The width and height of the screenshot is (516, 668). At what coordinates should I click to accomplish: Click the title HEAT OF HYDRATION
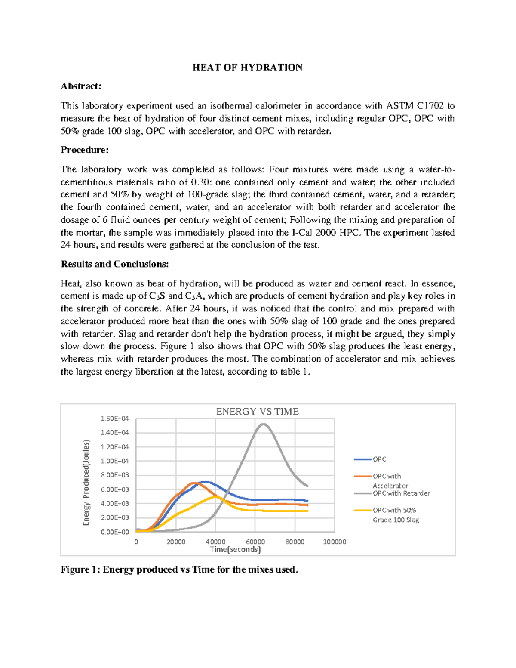pyautogui.click(x=247, y=67)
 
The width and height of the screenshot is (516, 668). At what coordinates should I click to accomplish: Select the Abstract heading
pyautogui.click(x=81, y=86)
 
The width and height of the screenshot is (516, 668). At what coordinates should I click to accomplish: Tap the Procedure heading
pyautogui.click(x=85, y=150)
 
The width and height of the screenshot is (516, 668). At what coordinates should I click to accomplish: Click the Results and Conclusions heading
pyautogui.click(x=115, y=264)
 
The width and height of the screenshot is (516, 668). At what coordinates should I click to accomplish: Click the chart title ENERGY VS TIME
pyautogui.click(x=257, y=412)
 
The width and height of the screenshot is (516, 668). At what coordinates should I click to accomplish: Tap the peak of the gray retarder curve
pyautogui.click(x=263, y=424)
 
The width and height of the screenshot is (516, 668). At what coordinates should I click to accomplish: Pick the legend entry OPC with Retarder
pyautogui.click(x=401, y=493)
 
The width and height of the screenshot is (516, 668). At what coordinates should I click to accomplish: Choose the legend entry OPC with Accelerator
pyautogui.click(x=390, y=480)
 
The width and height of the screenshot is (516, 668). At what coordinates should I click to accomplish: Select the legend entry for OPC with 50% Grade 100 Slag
pyautogui.click(x=395, y=514)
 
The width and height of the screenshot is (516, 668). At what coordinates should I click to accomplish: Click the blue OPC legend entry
pyautogui.click(x=379, y=459)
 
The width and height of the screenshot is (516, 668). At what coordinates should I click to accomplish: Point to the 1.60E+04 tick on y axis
pyautogui.click(x=114, y=419)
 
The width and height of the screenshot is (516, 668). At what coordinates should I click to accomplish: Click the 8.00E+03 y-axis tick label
pyautogui.click(x=114, y=475)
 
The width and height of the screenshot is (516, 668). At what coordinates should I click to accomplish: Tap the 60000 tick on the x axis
pyautogui.click(x=255, y=542)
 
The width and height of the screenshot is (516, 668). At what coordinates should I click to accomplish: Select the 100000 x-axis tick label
pyautogui.click(x=334, y=542)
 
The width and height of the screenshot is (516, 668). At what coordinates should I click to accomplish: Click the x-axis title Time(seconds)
pyautogui.click(x=235, y=549)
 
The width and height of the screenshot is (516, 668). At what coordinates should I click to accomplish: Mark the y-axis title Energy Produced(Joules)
pyautogui.click(x=86, y=482)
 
